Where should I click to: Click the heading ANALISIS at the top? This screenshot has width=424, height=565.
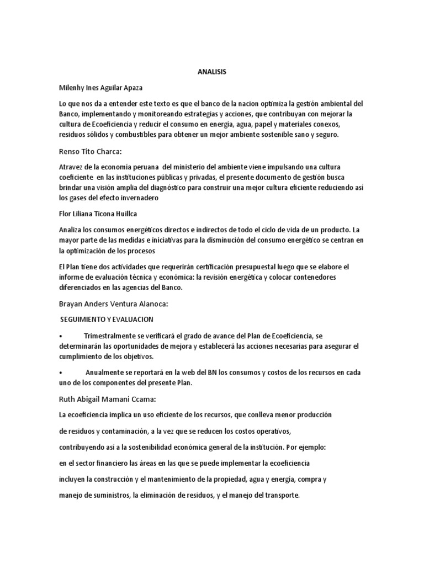[212, 72]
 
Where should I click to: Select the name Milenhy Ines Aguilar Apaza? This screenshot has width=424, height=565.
[104, 87]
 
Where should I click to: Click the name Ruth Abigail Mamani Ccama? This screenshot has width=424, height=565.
[107, 398]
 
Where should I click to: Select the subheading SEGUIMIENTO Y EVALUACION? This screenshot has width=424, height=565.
[107, 319]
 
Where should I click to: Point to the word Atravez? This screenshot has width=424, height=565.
[71, 166]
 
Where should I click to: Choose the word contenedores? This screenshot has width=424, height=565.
[329, 277]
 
